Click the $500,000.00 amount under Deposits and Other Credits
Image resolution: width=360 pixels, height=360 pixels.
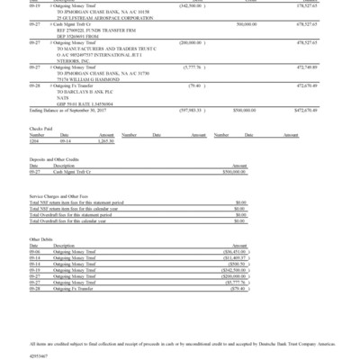point(231,169)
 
